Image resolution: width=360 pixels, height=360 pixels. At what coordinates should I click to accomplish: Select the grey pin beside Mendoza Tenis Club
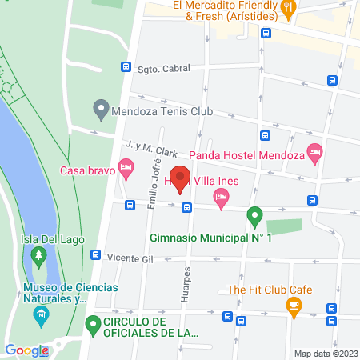click(101, 107)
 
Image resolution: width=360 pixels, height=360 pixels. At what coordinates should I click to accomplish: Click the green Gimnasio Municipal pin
click(254, 216)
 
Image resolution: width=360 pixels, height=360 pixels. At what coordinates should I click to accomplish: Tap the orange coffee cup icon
click(294, 304)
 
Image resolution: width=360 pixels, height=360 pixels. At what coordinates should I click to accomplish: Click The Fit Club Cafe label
click(270, 290)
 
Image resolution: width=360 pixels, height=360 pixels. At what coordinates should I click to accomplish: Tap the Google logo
click(26, 350)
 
